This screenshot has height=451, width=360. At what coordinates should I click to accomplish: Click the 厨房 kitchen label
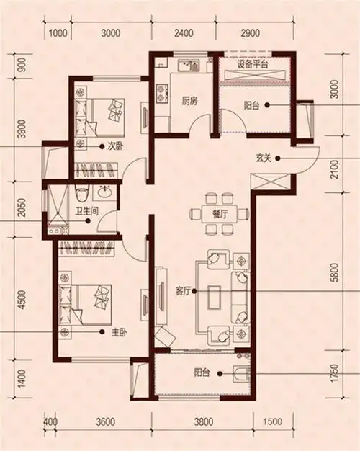pyautogui.click(x=189, y=102)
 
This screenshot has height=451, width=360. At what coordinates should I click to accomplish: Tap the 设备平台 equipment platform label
pyautogui.click(x=253, y=64)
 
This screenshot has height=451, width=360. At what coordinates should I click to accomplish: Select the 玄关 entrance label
pyautogui.click(x=264, y=158)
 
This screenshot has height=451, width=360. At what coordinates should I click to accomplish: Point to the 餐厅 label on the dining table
pyautogui.click(x=220, y=214)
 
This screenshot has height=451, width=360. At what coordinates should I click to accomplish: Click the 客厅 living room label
pyautogui.click(x=183, y=292)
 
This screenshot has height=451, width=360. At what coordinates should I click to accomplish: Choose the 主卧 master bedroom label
pyautogui.click(x=120, y=333)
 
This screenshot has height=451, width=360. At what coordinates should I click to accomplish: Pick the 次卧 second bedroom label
pyautogui.click(x=115, y=146)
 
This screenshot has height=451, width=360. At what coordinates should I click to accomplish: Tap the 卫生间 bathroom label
pyautogui.click(x=87, y=212)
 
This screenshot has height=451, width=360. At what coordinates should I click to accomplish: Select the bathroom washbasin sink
pyautogui.click(x=105, y=192)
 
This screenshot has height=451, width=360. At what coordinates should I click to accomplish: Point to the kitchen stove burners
pyautogui.click(x=162, y=93)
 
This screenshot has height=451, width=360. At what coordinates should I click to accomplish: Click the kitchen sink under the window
pyautogui.click(x=189, y=66)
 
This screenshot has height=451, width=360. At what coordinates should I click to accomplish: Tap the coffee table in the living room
pyautogui.click(x=215, y=298)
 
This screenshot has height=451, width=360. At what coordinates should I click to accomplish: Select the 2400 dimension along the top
pyautogui.click(x=184, y=33)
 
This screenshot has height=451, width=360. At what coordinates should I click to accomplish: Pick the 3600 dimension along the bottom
pyautogui.click(x=106, y=421)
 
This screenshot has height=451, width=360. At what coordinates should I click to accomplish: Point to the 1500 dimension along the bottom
pyautogui.click(x=273, y=421)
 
